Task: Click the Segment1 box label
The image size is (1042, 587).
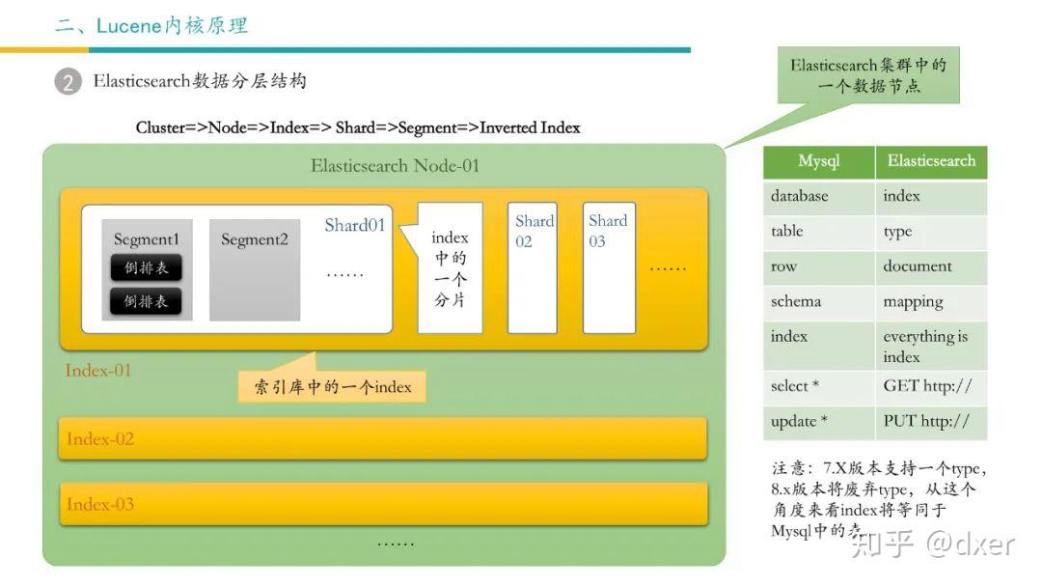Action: (147, 238)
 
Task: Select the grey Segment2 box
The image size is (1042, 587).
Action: (255, 270)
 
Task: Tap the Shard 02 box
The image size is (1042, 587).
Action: (533, 267)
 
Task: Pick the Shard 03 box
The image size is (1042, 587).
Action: (609, 267)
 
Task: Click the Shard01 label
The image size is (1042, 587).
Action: (355, 225)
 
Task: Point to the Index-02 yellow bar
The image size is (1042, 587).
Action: (383, 439)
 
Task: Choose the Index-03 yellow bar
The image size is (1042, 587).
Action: (383, 504)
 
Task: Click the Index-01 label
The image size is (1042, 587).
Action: (98, 371)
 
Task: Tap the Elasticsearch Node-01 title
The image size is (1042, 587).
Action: (395, 165)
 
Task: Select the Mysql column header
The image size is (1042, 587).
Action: (818, 161)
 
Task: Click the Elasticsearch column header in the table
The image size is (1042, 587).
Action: (931, 161)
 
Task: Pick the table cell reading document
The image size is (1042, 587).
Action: (918, 266)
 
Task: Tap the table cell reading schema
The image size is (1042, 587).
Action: (796, 301)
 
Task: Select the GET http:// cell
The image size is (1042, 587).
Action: (927, 386)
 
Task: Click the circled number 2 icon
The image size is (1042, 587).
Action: (68, 82)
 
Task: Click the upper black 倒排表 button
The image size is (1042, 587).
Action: (147, 268)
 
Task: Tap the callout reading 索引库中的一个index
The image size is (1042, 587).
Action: (333, 387)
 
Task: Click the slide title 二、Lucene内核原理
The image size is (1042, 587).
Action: (151, 26)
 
